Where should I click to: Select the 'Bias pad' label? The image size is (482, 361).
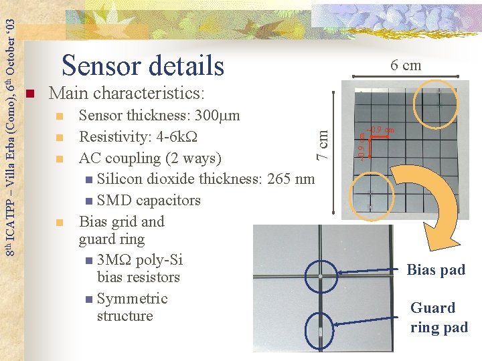[x=436, y=270]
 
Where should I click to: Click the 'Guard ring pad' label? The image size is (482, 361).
[x=438, y=318]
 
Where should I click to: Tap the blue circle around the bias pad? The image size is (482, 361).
[x=322, y=275]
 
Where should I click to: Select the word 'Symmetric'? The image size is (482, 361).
[x=133, y=299]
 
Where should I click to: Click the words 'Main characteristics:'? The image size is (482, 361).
[x=127, y=92]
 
